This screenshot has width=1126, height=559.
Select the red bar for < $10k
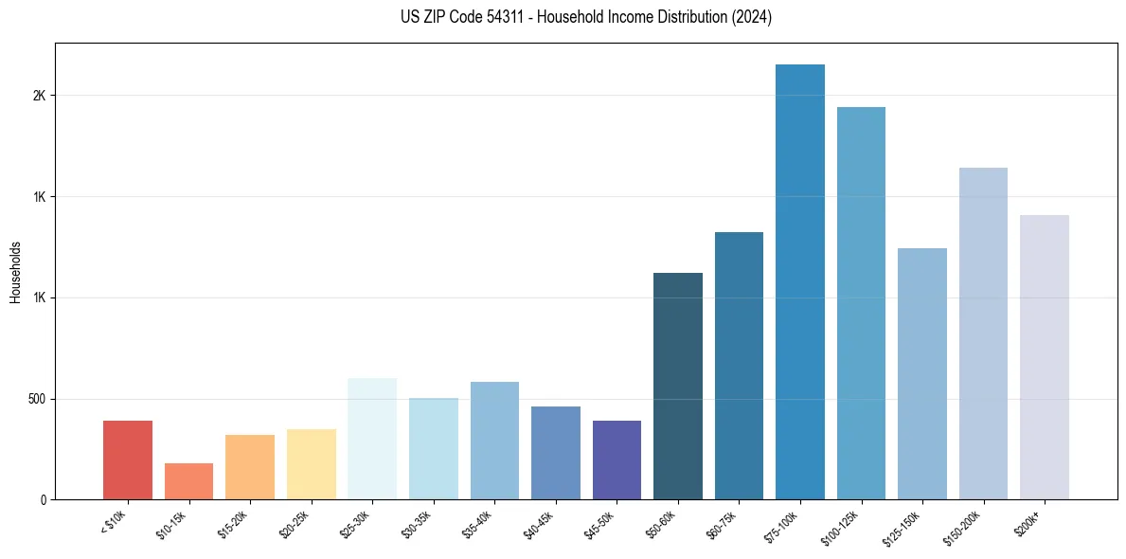(128, 460)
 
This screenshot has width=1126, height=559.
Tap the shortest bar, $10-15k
(188, 481)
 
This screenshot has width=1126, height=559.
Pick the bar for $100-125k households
(861, 303)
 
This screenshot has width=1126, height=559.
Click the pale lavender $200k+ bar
(1044, 357)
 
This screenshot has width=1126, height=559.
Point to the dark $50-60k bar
(677, 386)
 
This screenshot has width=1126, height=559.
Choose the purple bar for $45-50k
(617, 460)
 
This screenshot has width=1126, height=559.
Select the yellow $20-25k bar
(311, 464)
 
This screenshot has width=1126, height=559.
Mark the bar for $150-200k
(983, 334)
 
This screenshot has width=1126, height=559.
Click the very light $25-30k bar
(372, 439)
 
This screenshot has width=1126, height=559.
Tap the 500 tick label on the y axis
(37, 399)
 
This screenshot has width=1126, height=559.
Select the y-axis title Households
(15, 272)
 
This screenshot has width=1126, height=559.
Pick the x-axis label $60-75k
(721, 523)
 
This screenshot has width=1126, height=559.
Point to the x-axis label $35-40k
(476, 523)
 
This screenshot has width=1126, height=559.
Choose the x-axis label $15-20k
(232, 523)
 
